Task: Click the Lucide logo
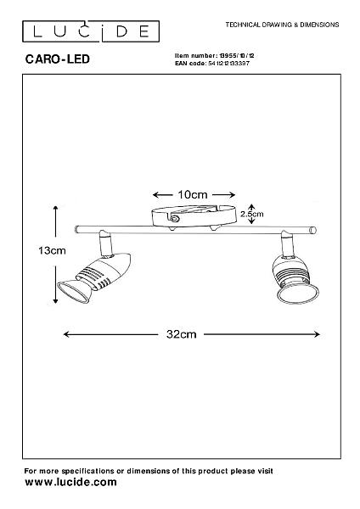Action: click(91, 31)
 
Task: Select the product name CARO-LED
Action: click(57, 59)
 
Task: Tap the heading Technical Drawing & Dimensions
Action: click(282, 25)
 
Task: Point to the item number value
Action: click(237, 56)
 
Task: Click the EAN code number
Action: click(228, 64)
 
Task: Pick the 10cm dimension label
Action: click(193, 195)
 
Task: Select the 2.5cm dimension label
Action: click(252, 215)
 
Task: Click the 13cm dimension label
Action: click(52, 250)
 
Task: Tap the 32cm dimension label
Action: click(182, 334)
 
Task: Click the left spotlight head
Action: click(94, 277)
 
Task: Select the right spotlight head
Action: click(295, 278)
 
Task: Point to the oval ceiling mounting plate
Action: click(194, 215)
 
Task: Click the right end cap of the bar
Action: click(312, 231)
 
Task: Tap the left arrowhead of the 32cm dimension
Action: click(66, 334)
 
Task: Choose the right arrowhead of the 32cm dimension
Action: click(317, 334)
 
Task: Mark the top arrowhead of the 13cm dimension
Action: click(56, 209)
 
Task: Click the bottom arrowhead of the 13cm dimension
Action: click(55, 300)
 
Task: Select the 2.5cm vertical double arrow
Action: click(251, 214)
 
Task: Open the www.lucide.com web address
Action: click(70, 482)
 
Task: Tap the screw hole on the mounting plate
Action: click(175, 219)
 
